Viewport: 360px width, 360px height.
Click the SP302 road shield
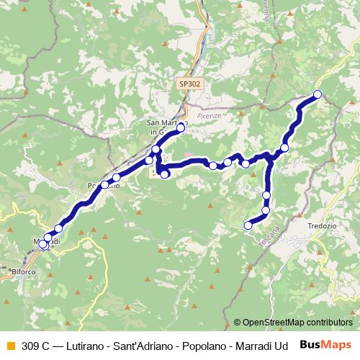190,84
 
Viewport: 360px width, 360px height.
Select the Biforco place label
26,271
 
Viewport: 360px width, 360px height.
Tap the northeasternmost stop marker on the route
317,94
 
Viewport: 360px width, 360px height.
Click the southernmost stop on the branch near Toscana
248,225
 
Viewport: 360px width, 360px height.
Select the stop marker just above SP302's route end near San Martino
181,127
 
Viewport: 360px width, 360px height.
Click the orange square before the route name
10,345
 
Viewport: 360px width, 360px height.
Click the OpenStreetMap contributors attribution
292,323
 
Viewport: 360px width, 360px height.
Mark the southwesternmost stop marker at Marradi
42,245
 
